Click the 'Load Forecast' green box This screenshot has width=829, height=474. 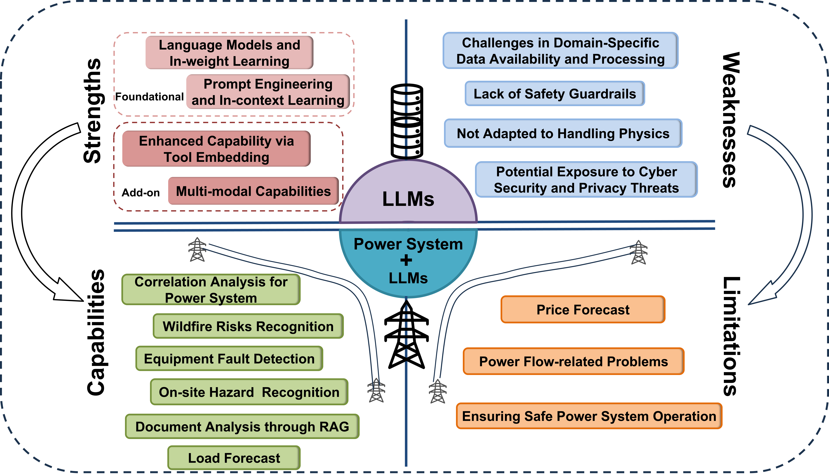[x=234, y=458]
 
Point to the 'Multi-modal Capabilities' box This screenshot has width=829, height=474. [x=253, y=191]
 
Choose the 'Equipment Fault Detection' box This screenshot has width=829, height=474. [x=229, y=358]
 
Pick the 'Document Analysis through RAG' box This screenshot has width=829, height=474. [x=242, y=426]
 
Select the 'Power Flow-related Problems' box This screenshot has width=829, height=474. [x=573, y=361]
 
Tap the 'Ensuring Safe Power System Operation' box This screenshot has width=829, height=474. [x=589, y=416]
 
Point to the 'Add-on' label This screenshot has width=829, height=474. [x=141, y=193]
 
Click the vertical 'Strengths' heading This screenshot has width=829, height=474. [x=93, y=111]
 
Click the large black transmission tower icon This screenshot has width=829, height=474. [x=406, y=335]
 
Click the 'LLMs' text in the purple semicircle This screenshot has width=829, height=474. [x=408, y=199]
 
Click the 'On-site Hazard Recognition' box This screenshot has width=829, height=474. [x=249, y=392]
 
